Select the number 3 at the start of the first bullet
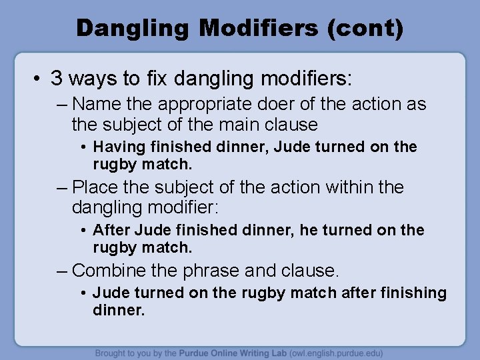(57, 79)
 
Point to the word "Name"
(93, 104)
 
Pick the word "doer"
(273, 104)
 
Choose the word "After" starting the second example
(111, 230)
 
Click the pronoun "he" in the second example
(309, 230)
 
